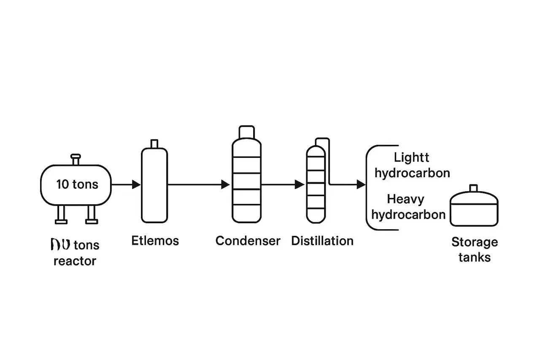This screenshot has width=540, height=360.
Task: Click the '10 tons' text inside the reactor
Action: coord(77,184)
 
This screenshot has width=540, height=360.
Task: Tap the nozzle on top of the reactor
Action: coord(76,160)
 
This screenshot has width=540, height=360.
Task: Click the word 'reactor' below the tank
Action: coord(75,261)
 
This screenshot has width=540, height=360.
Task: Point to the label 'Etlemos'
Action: coord(155,241)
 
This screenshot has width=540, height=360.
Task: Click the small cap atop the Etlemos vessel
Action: coord(154,143)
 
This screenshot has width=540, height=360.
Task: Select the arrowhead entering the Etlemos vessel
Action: coord(136,184)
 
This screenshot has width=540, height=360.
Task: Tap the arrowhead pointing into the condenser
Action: coord(226,184)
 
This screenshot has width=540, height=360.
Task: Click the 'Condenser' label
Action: coord(248,241)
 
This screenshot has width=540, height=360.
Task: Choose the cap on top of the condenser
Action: coord(246,132)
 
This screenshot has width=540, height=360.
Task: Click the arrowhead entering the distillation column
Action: coord(300,184)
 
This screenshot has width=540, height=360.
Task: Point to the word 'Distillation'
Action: coord(322,241)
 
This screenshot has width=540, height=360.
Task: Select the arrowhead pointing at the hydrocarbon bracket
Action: coord(361,184)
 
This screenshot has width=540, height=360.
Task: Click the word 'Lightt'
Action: coord(411,158)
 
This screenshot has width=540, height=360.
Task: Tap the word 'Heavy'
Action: coord(405,199)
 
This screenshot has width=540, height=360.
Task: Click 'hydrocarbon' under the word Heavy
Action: coord(408,214)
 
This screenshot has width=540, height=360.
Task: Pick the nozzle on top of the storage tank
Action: coord(473,188)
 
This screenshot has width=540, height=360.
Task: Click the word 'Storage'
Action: coord(475,242)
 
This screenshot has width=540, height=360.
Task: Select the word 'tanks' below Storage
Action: coord(475,257)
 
